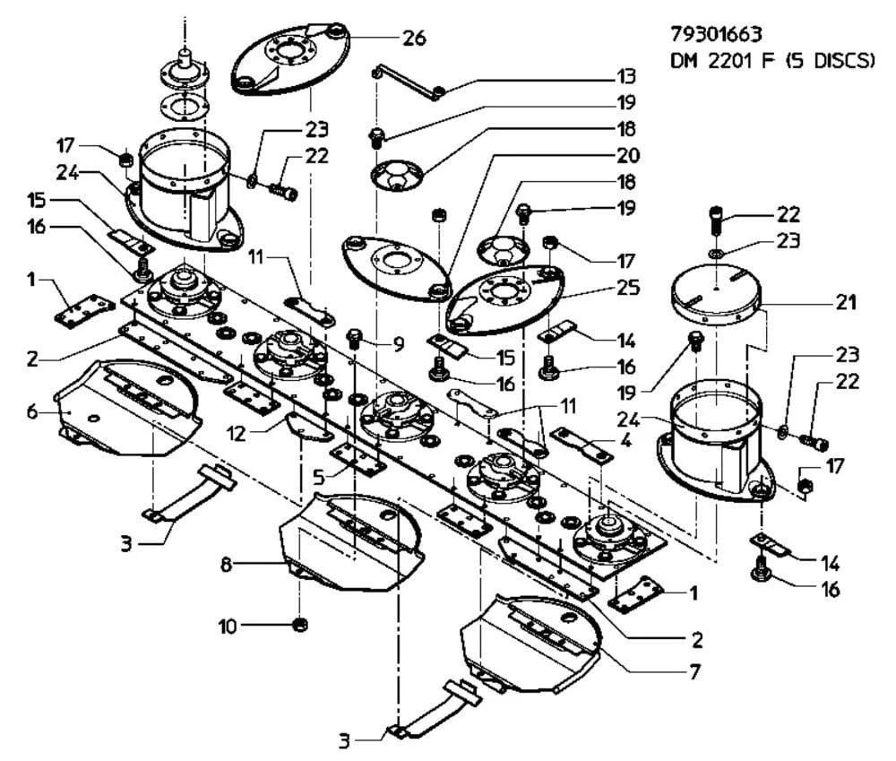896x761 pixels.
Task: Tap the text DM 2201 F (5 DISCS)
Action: [772, 61]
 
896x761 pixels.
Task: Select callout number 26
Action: [414, 39]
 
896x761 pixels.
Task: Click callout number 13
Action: [626, 76]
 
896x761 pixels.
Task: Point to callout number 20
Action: [627, 155]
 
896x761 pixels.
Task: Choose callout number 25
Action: [627, 288]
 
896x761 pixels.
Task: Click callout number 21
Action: [846, 302]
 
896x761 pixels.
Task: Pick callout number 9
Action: [399, 344]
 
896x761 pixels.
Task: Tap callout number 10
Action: [228, 627]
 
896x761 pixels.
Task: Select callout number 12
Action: [236, 434]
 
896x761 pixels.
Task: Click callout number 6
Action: [32, 411]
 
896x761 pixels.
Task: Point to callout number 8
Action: [227, 566]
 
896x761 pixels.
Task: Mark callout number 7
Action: [695, 671]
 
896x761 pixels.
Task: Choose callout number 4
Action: [626, 441]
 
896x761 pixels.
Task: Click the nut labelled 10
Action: [299, 625]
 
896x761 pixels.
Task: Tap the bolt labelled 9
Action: [354, 339]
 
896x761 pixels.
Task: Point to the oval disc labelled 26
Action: [290, 57]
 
